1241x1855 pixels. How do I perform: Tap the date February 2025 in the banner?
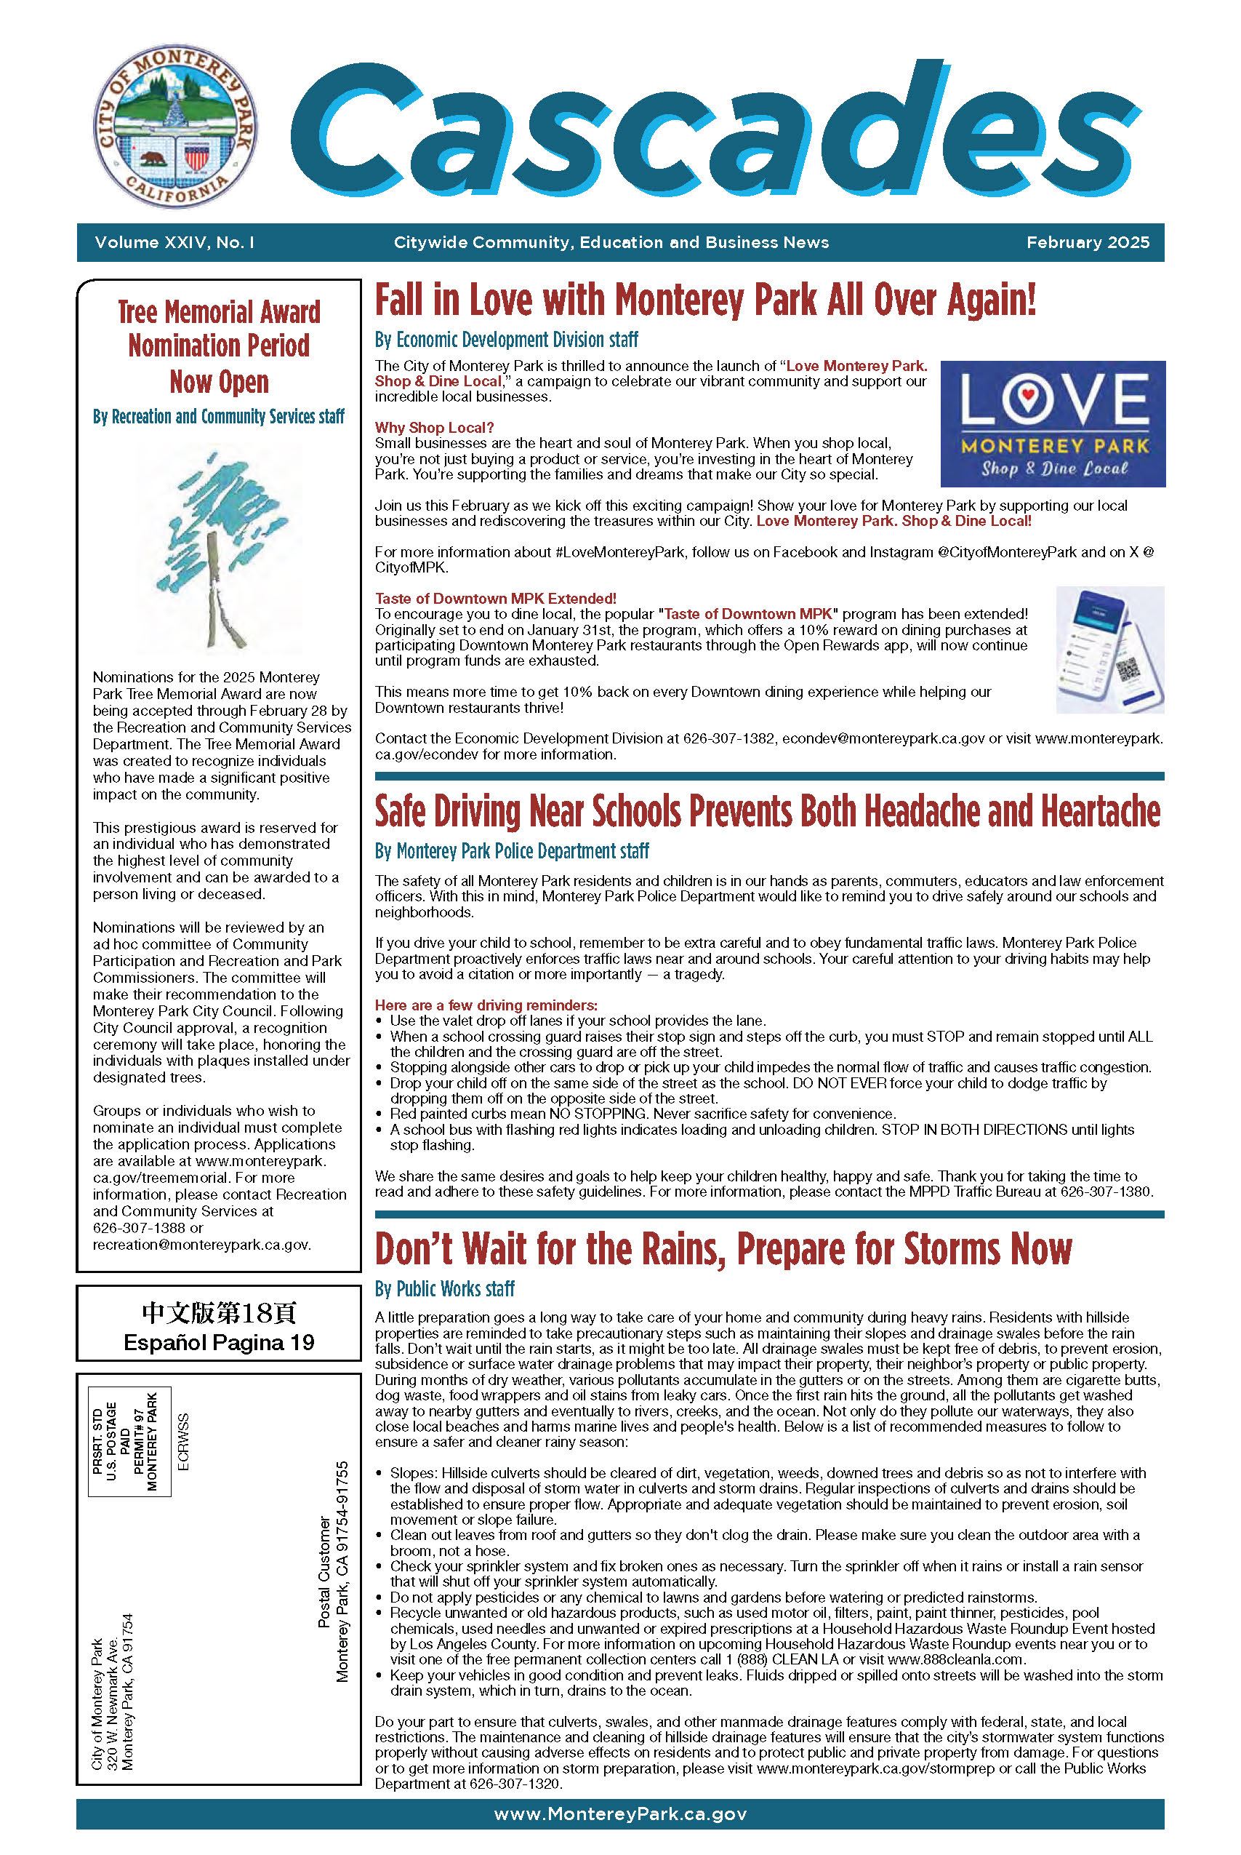tap(1088, 242)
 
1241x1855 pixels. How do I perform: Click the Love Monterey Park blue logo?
tap(1052, 423)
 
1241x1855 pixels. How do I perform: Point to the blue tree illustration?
tap(218, 547)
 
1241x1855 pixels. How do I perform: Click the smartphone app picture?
tap(1109, 649)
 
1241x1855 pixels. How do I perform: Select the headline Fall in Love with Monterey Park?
tap(704, 302)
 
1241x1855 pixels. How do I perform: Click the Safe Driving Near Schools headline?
tap(767, 813)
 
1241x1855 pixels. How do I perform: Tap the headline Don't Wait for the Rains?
tap(723, 1249)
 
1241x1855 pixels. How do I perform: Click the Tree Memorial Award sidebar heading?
tap(218, 346)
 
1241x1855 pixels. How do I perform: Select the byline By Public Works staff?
tap(444, 1289)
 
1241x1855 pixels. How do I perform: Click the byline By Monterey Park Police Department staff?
tap(511, 851)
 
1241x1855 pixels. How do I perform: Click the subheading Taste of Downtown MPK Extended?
tap(495, 598)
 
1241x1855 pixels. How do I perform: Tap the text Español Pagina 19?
tap(218, 1343)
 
